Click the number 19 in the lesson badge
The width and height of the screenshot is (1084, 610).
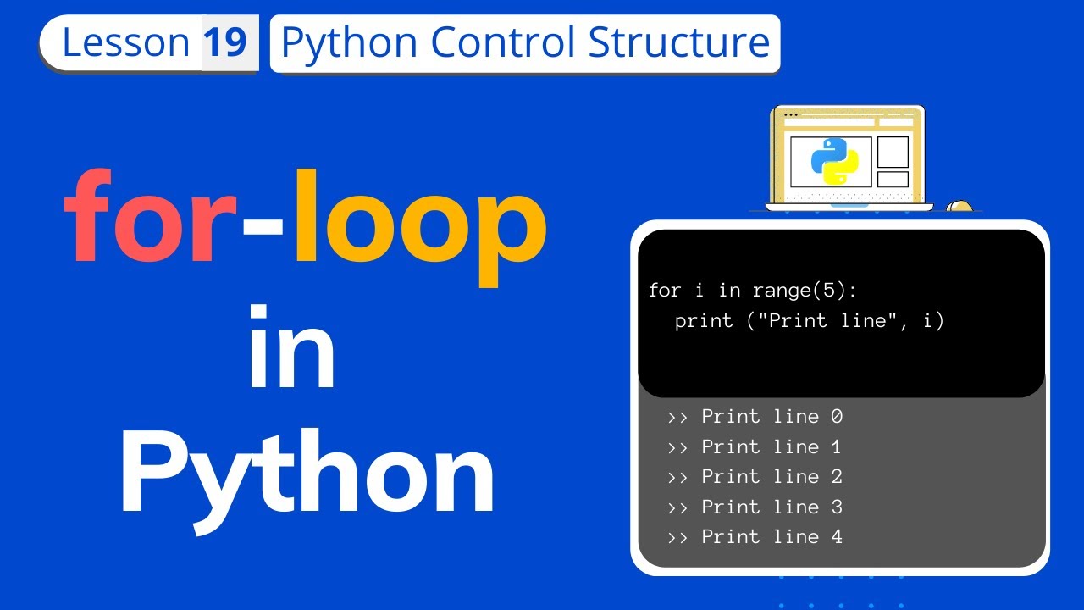225,42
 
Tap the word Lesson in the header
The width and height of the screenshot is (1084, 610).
126,42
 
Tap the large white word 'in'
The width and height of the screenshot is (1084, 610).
290,347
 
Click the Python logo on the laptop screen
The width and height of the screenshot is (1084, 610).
834,160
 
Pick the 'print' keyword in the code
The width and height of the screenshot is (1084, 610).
704,321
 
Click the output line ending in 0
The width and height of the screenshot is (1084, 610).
755,417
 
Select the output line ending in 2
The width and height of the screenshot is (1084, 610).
755,477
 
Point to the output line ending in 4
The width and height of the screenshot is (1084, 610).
755,536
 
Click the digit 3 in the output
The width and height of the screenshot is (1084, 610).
836,507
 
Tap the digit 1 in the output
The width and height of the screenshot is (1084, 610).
836,446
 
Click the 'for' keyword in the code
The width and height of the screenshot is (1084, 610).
665,291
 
